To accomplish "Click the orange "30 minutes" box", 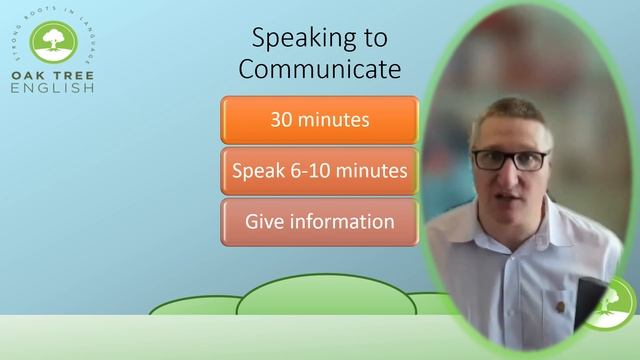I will (x=319, y=120).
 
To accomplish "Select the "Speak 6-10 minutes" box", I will (x=319, y=171).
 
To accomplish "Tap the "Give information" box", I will (x=319, y=221).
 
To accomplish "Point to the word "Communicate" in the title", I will (x=319, y=70).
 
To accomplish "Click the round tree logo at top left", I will (x=53, y=40).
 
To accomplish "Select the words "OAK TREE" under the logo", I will (x=53, y=75).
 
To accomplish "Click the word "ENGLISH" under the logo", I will (x=53, y=88).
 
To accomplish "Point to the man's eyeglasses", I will (x=509, y=159).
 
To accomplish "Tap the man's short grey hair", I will (x=510, y=115).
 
